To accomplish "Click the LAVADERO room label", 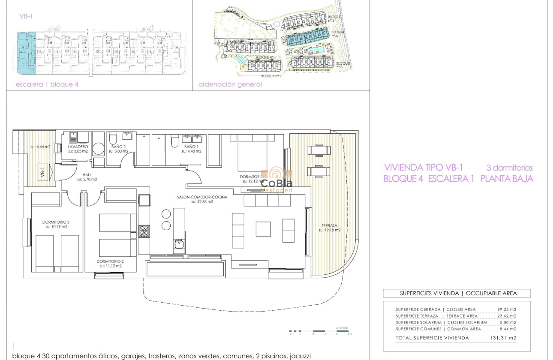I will pyautogui.click(x=78, y=147).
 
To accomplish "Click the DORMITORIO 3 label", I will pyautogui.click(x=56, y=222).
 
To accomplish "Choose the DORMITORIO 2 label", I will pyautogui.click(x=110, y=261).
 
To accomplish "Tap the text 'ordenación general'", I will pyautogui.click(x=230, y=84).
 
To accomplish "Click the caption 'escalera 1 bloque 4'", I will pyautogui.click(x=47, y=84).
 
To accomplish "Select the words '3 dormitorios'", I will pyautogui.click(x=509, y=168).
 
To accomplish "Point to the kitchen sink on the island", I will pyautogui.click(x=179, y=245).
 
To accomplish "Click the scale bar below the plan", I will pyautogui.click(x=320, y=331).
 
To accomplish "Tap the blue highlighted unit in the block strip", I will pyautogui.click(x=26, y=51).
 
